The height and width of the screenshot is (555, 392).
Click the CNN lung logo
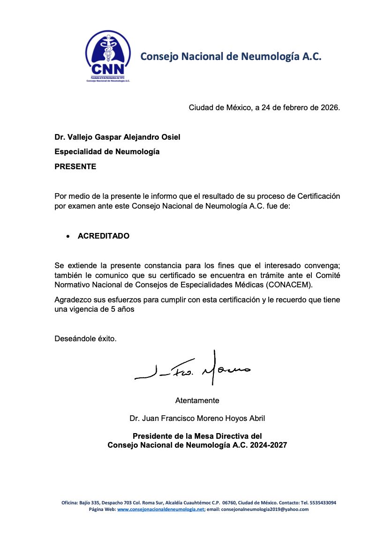click(x=108, y=55)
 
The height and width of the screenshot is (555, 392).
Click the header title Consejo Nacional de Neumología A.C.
click(x=231, y=57)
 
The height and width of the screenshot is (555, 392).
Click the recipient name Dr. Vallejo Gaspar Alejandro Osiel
click(x=117, y=137)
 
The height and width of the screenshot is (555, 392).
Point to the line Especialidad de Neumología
click(x=107, y=151)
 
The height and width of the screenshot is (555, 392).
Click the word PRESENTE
click(x=75, y=166)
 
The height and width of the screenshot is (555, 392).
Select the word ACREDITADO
click(x=104, y=236)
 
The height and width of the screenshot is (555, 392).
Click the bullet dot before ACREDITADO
click(x=68, y=236)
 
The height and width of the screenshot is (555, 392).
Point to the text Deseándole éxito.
click(x=85, y=338)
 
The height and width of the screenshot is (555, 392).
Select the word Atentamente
click(x=197, y=401)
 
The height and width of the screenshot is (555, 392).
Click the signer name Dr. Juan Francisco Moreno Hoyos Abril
click(x=197, y=418)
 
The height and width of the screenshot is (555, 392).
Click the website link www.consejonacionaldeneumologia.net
click(x=161, y=510)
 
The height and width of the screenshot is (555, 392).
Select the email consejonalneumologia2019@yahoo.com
click(x=264, y=510)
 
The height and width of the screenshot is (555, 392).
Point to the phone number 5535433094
click(x=322, y=502)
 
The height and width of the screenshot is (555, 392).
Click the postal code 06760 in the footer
click(x=229, y=502)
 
